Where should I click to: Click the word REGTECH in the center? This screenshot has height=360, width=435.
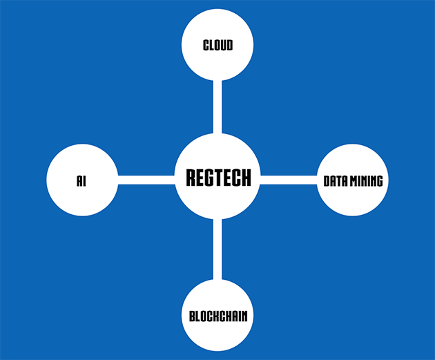tap(217, 178)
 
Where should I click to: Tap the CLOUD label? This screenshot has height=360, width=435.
tap(217, 46)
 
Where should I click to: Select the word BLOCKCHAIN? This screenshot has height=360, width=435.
tap(217, 317)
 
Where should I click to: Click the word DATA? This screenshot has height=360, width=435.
tap(336, 182)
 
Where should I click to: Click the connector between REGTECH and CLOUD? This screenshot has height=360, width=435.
tap(217, 107)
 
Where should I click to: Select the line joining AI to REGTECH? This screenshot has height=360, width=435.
tap(146, 180)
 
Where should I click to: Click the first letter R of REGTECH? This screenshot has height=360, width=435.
tap(191, 178)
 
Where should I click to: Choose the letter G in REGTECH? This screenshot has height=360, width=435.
tap(208, 178)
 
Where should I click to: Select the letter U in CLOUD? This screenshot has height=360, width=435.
tap(222, 46)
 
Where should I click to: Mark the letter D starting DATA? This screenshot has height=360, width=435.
tap(327, 182)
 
